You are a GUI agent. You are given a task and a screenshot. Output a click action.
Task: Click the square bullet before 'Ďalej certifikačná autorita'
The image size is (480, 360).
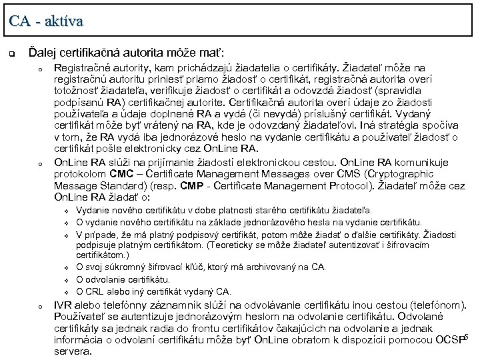tap(12, 52)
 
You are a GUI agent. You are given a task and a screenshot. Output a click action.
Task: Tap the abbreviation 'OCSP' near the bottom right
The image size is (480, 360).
tap(450, 340)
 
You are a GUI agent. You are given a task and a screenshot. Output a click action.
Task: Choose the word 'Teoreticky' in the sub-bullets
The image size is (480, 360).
tap(233, 245)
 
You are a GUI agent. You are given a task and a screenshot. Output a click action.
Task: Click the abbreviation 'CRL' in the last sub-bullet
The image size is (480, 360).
tap(95, 291)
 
